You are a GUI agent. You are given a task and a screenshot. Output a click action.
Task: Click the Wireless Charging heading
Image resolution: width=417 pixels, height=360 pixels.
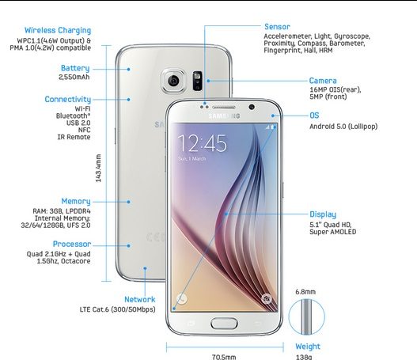tap(58, 31)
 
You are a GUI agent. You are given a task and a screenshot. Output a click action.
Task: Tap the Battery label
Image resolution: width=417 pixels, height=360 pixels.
tap(75, 68)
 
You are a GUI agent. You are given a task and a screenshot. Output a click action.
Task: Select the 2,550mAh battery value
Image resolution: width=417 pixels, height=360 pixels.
tap(74, 77)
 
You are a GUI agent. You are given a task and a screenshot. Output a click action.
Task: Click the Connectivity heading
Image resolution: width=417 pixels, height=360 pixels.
tap(68, 100)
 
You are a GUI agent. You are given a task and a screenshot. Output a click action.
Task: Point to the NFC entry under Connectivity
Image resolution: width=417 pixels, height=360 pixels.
tap(85, 130)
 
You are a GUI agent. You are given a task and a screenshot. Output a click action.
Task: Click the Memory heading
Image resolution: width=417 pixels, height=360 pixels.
tap(76, 201)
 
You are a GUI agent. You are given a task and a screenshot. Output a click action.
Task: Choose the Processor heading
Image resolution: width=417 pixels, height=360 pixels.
tap(72, 244)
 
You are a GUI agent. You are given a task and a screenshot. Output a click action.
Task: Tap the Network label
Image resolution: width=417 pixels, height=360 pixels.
tap(140, 299)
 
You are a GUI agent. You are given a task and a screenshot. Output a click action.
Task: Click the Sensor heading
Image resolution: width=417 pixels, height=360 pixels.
tap(277, 27)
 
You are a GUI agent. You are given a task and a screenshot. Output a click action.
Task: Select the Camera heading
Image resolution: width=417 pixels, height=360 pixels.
tap(323, 81)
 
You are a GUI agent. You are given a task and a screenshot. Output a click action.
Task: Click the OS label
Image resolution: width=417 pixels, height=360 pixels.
tap(314, 116)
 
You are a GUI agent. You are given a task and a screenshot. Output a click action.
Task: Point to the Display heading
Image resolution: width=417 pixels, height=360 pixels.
tap(323, 214)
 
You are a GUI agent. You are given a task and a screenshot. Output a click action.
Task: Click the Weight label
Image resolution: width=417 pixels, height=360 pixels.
tap(308, 347)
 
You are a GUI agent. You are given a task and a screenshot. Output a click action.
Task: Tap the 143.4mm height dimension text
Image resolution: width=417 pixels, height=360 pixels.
tap(98, 168)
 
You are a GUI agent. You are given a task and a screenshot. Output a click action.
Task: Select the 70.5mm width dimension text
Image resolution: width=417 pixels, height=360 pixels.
tap(224, 357)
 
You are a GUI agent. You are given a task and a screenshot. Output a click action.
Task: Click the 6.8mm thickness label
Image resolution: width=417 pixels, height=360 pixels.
tap(305, 292)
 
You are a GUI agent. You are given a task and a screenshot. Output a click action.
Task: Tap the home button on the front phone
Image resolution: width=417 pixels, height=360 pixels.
tap(224, 324)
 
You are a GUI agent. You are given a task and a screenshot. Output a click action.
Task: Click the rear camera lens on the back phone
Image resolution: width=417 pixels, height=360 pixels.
tap(173, 80)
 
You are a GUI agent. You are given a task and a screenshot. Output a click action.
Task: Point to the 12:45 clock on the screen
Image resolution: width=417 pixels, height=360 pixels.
tap(202, 143)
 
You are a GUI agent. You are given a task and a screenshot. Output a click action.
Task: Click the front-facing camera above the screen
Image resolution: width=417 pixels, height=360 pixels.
tap(252, 107)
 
